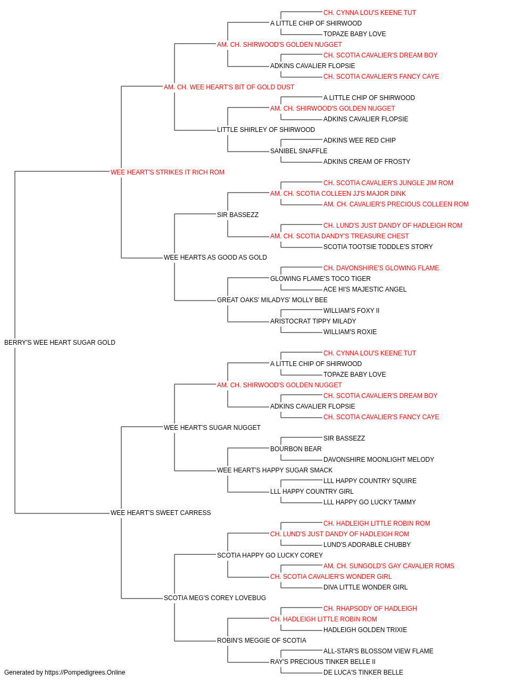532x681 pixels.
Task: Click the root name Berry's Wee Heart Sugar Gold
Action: click(60, 343)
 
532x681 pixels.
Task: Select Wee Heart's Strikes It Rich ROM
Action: click(167, 172)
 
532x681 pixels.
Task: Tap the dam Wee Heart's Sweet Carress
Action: click(161, 513)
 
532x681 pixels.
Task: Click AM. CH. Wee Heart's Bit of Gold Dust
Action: click(229, 87)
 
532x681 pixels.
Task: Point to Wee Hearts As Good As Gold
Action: click(215, 258)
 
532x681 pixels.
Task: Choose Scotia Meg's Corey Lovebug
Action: click(214, 598)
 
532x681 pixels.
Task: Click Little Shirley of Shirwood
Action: click(265, 130)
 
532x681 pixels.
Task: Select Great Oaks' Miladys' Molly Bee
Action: click(272, 300)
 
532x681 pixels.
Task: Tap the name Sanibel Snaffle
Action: click(298, 151)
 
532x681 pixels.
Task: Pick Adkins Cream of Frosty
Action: click(367, 162)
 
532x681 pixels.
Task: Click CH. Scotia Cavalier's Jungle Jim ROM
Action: click(388, 183)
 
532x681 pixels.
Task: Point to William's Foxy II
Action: click(351, 311)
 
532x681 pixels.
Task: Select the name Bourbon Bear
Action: click(296, 449)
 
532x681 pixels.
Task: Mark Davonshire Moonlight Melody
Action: click(378, 460)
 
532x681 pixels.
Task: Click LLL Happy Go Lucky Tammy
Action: click(369, 502)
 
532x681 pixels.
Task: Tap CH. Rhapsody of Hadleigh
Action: click(370, 609)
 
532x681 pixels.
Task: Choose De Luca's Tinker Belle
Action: click(363, 672)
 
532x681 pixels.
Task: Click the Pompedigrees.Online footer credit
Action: click(64, 672)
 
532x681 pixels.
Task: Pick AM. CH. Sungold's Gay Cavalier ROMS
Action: click(389, 566)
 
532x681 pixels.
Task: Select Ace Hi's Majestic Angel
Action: click(365, 289)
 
